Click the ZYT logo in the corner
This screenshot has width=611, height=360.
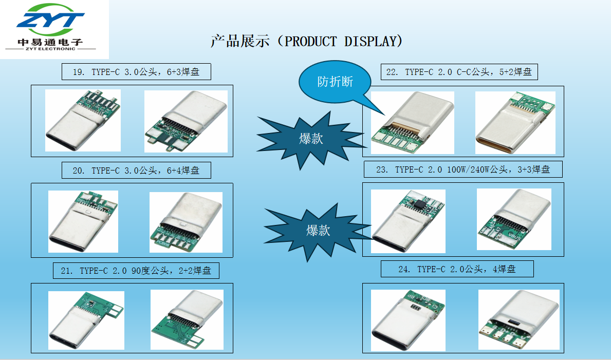pyautogui.click(x=51, y=27)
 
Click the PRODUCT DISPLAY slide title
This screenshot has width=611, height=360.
pyautogui.click(x=307, y=41)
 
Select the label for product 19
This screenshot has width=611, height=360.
pyautogui.click(x=136, y=72)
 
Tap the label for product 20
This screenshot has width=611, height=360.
pyautogui.click(x=136, y=170)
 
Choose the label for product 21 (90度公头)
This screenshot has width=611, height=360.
pyautogui.click(x=136, y=271)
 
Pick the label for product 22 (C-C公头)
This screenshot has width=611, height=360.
pyautogui.click(x=459, y=72)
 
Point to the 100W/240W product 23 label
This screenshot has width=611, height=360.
pyautogui.click(x=463, y=169)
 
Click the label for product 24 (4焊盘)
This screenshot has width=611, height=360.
pyautogui.click(x=457, y=269)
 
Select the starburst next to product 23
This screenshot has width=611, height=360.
pyautogui.click(x=318, y=231)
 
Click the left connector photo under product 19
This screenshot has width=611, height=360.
pyautogui.click(x=83, y=120)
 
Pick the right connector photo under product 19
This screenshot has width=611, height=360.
pyautogui.click(x=186, y=121)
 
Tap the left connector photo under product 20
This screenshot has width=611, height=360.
pyautogui.click(x=83, y=221)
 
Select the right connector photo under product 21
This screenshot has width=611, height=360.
pyautogui.click(x=187, y=319)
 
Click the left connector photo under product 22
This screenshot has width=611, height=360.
pyautogui.click(x=412, y=123)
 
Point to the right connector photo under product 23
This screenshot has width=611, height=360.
pyautogui.click(x=514, y=219)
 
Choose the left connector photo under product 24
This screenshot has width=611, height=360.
pyautogui.click(x=408, y=320)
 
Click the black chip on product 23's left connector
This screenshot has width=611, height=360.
pyautogui.click(x=419, y=203)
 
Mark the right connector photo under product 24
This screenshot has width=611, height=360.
pyautogui.click(x=519, y=319)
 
